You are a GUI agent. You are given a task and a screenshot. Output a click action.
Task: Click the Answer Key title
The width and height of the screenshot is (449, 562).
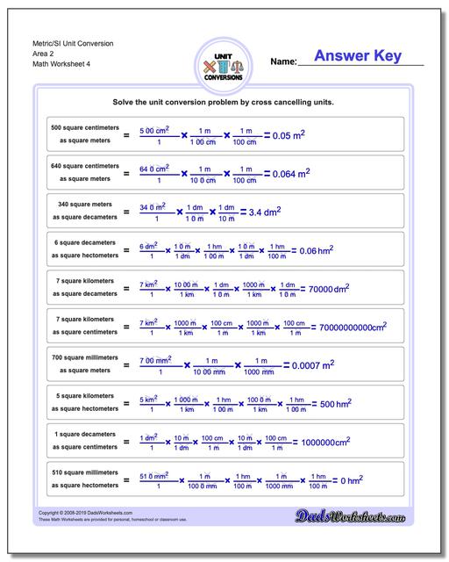(x=358, y=56)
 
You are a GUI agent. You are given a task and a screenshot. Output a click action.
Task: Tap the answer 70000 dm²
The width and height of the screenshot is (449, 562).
(x=330, y=288)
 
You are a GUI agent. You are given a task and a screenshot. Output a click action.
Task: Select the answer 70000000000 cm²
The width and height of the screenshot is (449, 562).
(x=353, y=327)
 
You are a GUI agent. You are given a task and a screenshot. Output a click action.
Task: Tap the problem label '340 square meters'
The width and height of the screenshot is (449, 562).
(x=85, y=205)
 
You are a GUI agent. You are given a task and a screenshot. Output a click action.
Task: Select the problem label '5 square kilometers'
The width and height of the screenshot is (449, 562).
(x=85, y=396)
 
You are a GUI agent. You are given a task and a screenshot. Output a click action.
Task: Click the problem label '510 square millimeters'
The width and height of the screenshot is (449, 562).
(x=85, y=472)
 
